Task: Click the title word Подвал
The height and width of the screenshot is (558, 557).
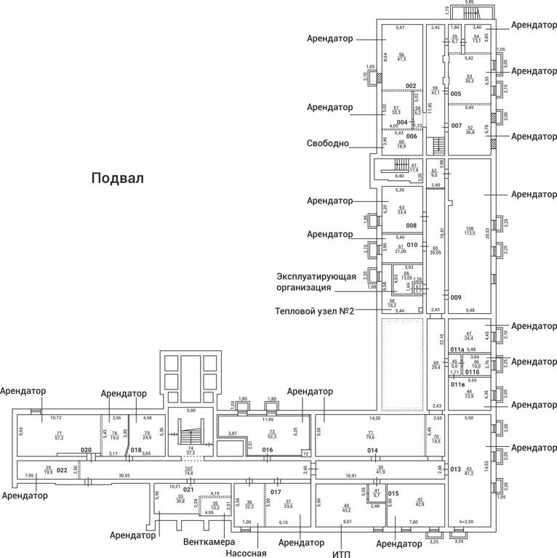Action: point(118,178)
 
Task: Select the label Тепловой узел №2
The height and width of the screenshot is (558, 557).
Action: point(314,311)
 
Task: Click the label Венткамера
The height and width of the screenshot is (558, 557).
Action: point(209,543)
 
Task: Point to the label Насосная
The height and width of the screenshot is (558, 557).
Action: point(246,553)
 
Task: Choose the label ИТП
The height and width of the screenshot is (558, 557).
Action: point(341,554)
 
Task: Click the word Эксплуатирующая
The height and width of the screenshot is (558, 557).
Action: point(316,276)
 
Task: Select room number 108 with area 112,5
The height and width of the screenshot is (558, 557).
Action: point(470,231)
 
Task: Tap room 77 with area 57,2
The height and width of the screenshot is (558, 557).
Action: point(60,436)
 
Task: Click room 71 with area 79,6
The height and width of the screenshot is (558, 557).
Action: point(370,435)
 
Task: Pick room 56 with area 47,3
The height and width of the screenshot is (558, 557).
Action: point(401,57)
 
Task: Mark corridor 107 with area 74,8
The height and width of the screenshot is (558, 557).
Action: point(188,471)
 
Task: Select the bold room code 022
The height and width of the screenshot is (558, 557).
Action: point(63,470)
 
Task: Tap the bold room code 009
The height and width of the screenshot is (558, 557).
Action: point(456,297)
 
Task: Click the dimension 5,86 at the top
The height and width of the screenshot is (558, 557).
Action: point(470,3)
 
